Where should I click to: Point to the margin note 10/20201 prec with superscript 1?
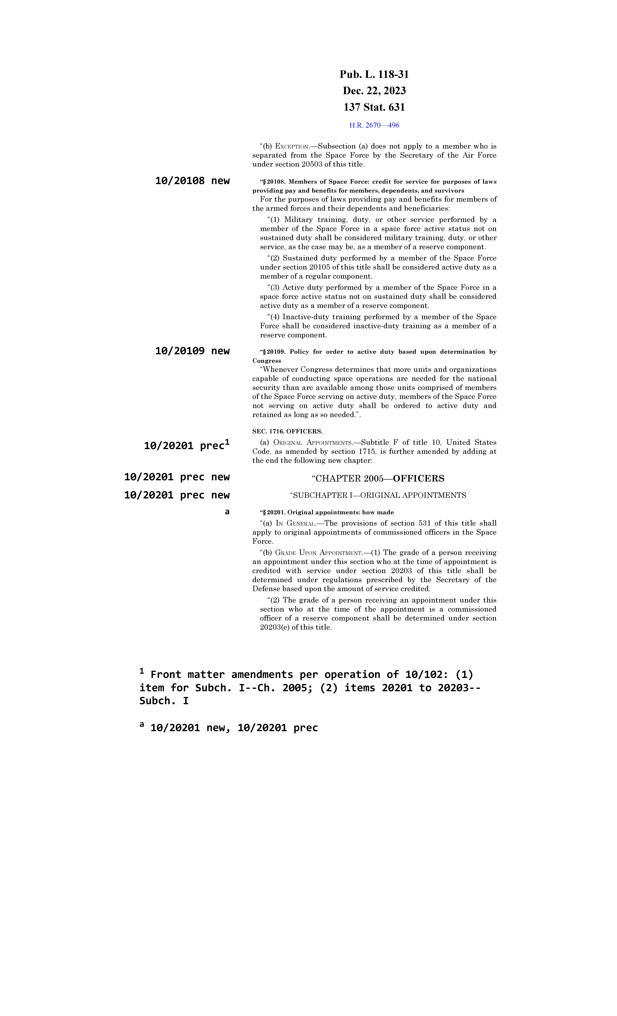(x=186, y=445)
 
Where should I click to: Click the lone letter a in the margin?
(x=227, y=512)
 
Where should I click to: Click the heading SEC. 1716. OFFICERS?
(x=287, y=431)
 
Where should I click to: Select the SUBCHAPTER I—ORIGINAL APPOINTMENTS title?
(x=378, y=495)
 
